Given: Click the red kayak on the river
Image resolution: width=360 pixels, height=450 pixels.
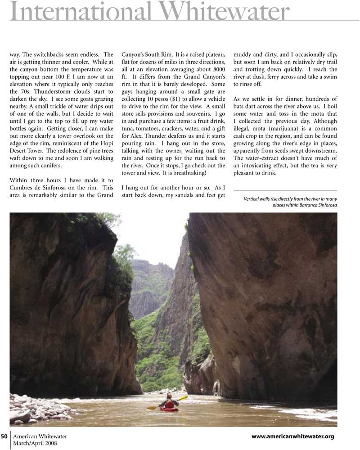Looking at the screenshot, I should (x=169, y=409).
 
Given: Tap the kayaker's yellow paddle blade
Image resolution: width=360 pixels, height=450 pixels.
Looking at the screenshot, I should (x=183, y=398).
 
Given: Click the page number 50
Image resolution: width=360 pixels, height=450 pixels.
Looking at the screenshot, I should (x=4, y=436).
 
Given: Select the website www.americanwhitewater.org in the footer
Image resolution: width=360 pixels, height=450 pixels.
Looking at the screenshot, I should (x=292, y=436).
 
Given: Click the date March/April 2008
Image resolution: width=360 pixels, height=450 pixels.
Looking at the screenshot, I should (x=35, y=443).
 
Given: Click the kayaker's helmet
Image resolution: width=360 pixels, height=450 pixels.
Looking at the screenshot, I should (x=169, y=395).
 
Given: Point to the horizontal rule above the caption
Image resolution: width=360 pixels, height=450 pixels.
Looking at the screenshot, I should (x=285, y=191).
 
